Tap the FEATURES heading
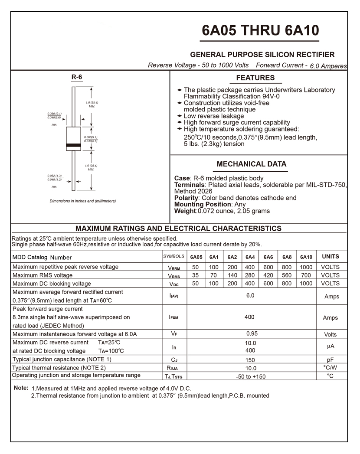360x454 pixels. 255,78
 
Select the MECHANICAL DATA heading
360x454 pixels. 251,164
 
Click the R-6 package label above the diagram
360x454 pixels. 77,77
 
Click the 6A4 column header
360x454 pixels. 250,257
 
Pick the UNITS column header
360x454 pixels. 331,257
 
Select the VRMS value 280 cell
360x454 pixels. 250,275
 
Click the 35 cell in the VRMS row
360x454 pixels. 196,275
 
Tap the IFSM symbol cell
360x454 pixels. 173,317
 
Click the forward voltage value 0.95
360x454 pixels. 252,334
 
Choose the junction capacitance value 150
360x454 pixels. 250,360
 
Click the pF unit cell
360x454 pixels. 330,359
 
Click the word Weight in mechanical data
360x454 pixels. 185,211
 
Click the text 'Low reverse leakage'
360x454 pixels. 214,116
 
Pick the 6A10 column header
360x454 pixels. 306,257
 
